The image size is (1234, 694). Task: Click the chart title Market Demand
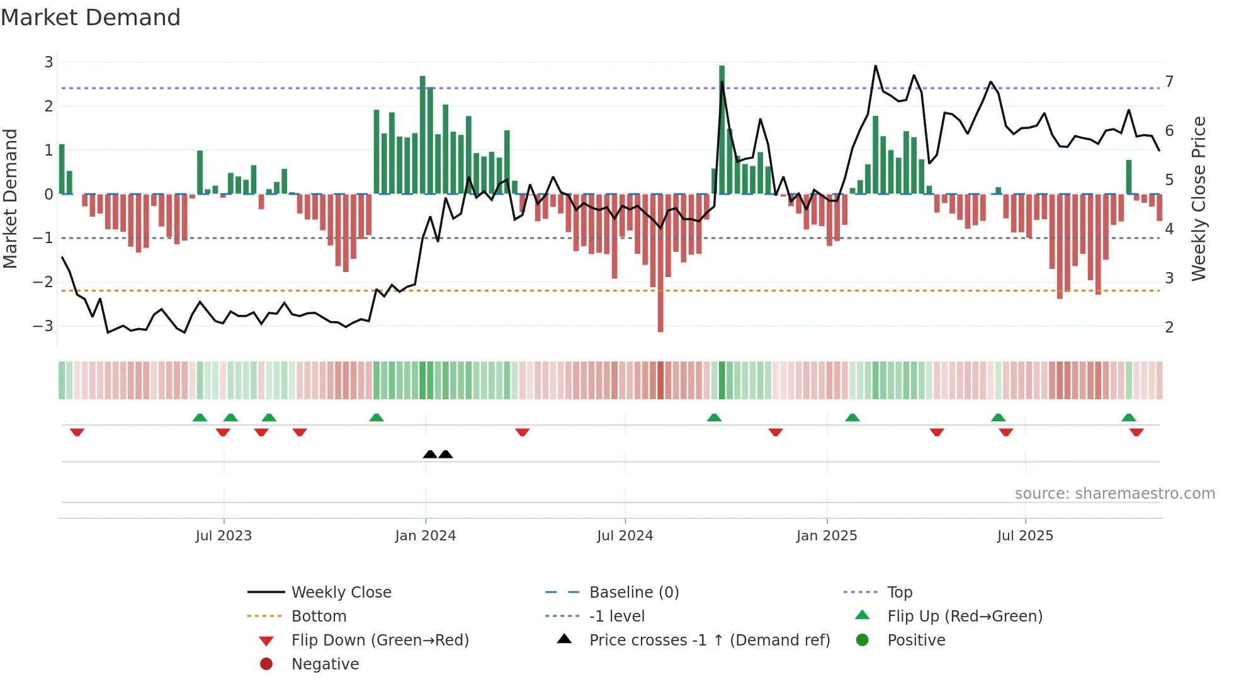click(x=91, y=18)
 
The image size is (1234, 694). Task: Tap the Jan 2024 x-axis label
click(x=425, y=536)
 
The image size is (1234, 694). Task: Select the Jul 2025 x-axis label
click(x=1025, y=536)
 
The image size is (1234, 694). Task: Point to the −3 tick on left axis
click(x=43, y=326)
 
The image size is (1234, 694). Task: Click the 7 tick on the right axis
click(x=1169, y=82)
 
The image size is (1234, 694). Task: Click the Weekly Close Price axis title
click(x=1199, y=198)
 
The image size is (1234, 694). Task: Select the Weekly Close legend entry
click(x=341, y=593)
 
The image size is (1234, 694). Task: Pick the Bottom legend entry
click(x=319, y=617)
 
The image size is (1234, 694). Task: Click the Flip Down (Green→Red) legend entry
click(x=380, y=640)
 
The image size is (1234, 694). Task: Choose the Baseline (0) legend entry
click(x=633, y=593)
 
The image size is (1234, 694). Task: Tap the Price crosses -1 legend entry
click(x=709, y=640)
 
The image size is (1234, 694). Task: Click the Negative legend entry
click(x=325, y=664)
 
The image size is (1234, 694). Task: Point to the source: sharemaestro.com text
click(x=1114, y=494)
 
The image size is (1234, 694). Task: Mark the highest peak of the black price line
click(x=875, y=66)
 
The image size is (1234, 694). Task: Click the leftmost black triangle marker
click(x=430, y=454)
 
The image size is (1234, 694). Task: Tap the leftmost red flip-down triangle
click(x=77, y=433)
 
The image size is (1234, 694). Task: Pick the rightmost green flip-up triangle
click(x=1128, y=418)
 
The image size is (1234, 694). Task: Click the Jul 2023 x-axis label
click(x=224, y=536)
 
